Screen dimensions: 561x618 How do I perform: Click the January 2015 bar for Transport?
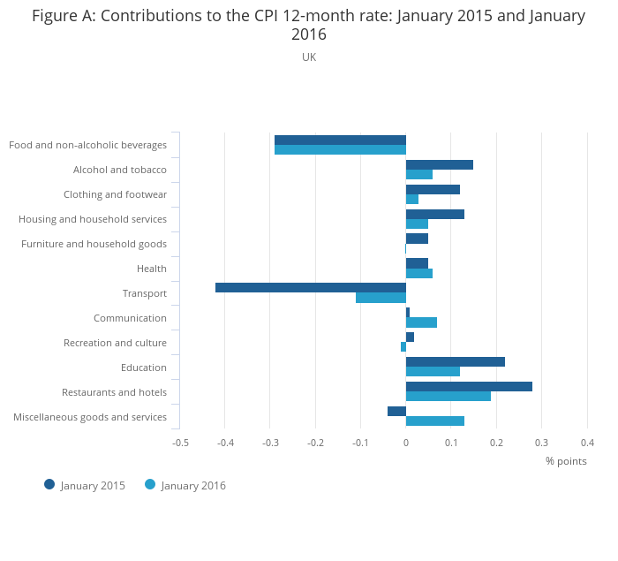tap(310, 287)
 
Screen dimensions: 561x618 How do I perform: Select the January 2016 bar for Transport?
tap(381, 298)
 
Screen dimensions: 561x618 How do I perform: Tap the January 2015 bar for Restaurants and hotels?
tap(469, 386)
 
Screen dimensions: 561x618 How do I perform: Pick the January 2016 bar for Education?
tap(433, 371)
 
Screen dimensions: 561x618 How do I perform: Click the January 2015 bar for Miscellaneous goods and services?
tap(396, 411)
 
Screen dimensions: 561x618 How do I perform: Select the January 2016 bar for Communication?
tap(421, 322)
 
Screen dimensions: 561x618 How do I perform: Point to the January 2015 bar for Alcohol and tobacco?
tap(440, 164)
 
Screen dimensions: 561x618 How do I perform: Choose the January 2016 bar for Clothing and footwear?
tap(412, 199)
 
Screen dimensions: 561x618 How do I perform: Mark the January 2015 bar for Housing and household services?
tap(435, 214)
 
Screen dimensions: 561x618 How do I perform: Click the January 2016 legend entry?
tap(185, 485)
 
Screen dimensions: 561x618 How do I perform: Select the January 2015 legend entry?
tap(85, 485)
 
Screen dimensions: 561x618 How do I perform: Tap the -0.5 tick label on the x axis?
tap(180, 443)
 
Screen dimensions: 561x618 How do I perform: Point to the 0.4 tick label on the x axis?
tap(587, 443)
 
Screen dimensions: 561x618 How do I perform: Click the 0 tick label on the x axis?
tap(406, 443)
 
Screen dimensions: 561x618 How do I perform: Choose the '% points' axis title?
tap(566, 460)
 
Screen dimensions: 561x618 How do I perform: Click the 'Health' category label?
tap(152, 269)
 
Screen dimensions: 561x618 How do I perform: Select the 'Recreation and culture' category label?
tap(115, 343)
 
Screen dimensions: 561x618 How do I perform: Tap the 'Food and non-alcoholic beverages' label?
tap(87, 145)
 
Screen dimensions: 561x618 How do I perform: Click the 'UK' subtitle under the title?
tap(309, 57)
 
